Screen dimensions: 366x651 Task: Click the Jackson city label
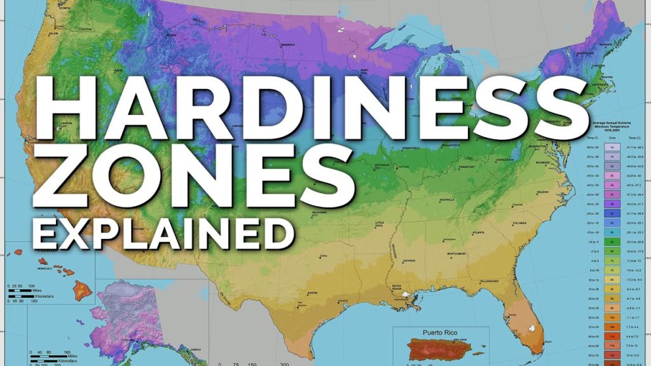[x=409, y=261]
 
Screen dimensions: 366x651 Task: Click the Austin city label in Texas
[x=312, y=293]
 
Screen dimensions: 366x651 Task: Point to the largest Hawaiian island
[x=81, y=292]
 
